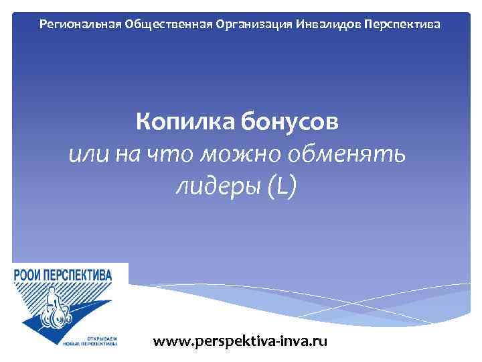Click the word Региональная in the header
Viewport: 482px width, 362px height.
click(x=78, y=24)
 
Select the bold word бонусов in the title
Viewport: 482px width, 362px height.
click(x=291, y=123)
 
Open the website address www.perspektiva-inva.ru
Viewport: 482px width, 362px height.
click(x=240, y=341)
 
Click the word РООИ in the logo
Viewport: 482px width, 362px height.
click(x=29, y=274)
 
